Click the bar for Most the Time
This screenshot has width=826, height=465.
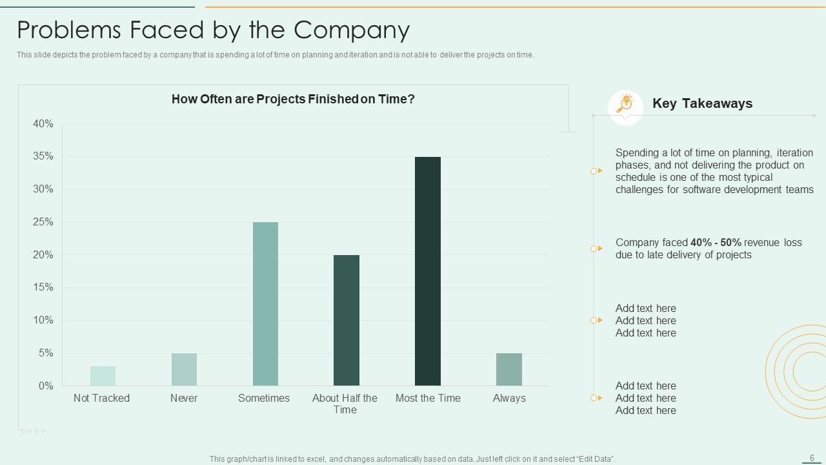tap(427, 271)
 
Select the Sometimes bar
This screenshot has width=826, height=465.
tap(265, 304)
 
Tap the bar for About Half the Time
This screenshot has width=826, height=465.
tap(346, 320)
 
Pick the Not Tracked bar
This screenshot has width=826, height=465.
tap(103, 376)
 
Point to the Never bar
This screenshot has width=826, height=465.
tap(184, 369)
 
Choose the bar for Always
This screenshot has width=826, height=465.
tap(509, 369)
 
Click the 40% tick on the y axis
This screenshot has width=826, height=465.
tap(43, 124)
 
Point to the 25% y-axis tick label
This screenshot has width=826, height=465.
tap(43, 222)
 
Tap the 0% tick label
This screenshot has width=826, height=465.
tap(46, 386)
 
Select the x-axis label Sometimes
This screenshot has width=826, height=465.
tap(264, 398)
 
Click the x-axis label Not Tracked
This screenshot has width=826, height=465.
tap(101, 398)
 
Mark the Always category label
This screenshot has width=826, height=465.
tap(509, 398)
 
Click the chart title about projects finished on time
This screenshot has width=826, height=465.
tap(293, 99)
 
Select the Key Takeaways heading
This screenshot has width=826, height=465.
tap(702, 103)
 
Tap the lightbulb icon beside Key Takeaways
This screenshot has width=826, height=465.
tap(625, 105)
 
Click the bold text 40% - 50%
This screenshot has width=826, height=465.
tap(716, 243)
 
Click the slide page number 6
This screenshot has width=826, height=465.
tap(812, 458)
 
